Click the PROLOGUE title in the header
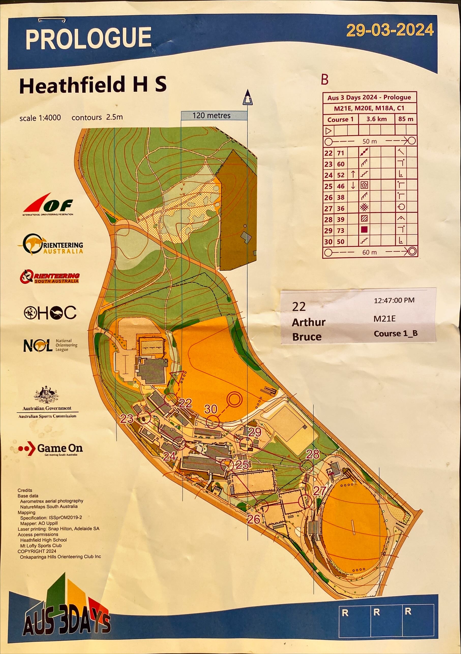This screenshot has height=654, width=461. coord(88,38)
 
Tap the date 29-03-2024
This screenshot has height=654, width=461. coord(390,31)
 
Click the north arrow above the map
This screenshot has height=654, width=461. coord(247,98)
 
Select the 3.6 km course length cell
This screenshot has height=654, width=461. coord(376,119)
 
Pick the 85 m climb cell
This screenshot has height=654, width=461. coord(406,119)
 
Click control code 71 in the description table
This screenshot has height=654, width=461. coord(341,153)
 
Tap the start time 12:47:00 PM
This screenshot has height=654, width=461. coord(394,300)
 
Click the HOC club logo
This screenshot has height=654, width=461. coord(50,312)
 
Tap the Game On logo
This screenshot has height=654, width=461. coord(50,449)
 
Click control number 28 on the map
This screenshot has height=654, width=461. coord(313,454)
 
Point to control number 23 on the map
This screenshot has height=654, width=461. coord(127,419)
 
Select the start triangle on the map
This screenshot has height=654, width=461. coord(177,376)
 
